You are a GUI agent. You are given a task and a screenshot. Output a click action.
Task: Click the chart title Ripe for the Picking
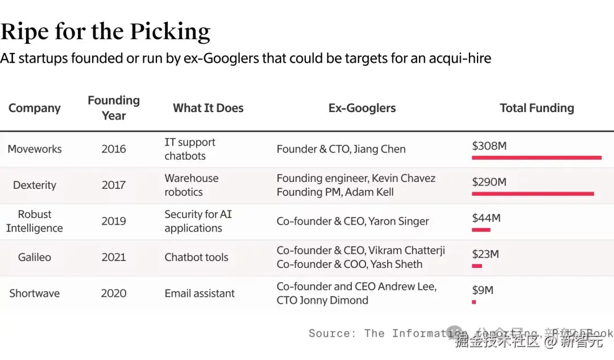[x=106, y=32]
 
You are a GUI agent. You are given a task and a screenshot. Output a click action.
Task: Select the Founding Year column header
[x=114, y=107]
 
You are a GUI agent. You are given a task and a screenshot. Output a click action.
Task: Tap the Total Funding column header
[x=537, y=108]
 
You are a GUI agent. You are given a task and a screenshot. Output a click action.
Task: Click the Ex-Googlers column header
[x=362, y=108]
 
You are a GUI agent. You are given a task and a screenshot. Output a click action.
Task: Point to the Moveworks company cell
[x=35, y=149]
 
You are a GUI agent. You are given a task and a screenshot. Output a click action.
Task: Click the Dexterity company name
[x=35, y=185]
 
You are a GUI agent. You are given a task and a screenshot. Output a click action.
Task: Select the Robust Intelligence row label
[x=35, y=221]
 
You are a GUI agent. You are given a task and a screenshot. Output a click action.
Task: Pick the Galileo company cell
[x=35, y=257]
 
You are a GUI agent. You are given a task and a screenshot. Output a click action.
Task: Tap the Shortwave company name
[x=35, y=293]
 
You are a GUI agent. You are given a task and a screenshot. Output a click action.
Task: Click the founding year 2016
[x=114, y=149]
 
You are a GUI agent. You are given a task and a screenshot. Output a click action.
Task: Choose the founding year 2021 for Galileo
[x=114, y=257]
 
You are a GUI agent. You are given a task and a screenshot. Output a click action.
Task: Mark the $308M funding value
[x=489, y=146]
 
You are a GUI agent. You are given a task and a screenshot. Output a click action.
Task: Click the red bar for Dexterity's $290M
[x=533, y=194]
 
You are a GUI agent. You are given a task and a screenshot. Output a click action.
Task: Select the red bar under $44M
[x=481, y=230]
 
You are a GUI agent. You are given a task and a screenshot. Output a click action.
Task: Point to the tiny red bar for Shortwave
[x=474, y=302]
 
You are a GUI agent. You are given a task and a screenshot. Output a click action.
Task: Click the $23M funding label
[x=486, y=254]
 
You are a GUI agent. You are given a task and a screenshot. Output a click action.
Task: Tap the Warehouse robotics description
[x=191, y=185]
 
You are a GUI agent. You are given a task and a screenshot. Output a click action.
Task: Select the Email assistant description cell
[x=200, y=293]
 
